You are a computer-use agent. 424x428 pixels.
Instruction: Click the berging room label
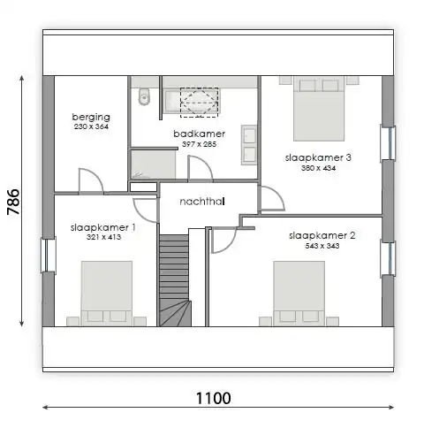click(91, 117)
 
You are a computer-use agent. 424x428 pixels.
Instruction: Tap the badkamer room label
click(200, 134)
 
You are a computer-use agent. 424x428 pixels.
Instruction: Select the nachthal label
click(202, 202)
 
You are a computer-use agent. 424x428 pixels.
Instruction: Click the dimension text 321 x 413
click(103, 237)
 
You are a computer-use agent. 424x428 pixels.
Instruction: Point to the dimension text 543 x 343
click(322, 246)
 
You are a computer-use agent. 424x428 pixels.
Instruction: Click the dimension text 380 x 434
click(318, 168)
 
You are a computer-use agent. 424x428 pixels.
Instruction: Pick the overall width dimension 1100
click(213, 398)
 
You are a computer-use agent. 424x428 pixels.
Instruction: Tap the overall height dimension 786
click(13, 202)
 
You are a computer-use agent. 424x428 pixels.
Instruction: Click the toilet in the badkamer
click(144, 96)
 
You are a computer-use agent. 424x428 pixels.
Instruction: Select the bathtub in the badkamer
click(191, 101)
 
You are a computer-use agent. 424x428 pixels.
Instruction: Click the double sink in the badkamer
click(249, 144)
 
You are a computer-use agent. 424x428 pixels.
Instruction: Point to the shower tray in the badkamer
click(153, 164)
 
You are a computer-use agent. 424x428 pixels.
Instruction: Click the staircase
click(175, 280)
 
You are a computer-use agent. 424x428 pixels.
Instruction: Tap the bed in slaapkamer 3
click(319, 109)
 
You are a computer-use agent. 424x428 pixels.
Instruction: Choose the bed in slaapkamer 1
click(107, 294)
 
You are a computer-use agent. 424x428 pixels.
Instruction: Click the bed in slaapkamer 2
click(299, 294)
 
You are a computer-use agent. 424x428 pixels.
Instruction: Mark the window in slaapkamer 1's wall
click(48, 255)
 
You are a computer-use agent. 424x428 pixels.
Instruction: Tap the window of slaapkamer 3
click(388, 143)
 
